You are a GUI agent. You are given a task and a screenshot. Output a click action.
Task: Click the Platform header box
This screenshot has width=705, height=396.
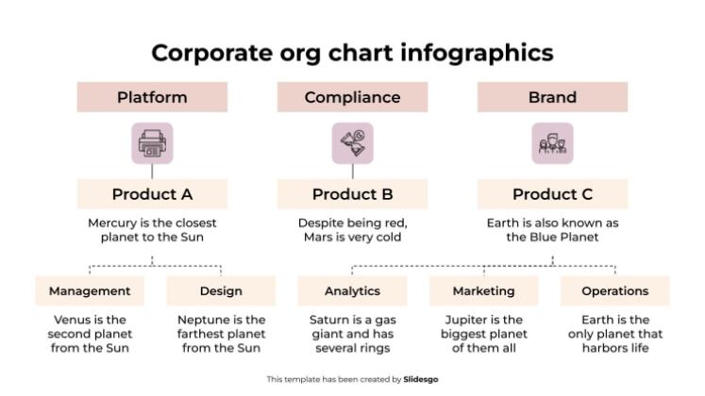pos(152,97)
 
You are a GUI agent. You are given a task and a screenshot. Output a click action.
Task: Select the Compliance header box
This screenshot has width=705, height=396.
pos(352,97)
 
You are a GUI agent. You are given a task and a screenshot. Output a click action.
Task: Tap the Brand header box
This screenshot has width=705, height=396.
pos(552,97)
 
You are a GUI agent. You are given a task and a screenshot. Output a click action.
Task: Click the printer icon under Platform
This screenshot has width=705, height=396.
pos(152,144)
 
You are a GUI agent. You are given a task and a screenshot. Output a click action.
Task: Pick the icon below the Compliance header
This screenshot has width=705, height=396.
pos(352,144)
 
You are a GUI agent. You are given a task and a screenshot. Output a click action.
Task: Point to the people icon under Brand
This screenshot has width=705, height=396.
pos(552,144)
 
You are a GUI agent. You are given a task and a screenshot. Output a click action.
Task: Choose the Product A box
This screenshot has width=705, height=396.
pos(152,194)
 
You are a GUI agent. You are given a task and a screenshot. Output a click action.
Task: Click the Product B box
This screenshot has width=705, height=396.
pos(352,194)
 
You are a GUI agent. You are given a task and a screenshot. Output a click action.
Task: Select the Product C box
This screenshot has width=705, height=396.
pos(552,194)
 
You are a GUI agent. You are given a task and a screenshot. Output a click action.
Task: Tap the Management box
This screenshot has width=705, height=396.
pos(90,290)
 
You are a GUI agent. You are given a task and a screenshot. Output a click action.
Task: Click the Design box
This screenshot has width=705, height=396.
pos(221,290)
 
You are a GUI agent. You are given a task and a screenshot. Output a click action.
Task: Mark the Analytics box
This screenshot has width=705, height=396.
pos(352,290)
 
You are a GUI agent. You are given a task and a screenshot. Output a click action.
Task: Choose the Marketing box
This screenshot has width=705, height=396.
pos(483,290)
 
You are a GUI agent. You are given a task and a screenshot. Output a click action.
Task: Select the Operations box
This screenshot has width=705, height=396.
pos(615,290)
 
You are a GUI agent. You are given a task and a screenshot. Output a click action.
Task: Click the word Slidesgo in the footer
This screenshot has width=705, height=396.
pos(421,379)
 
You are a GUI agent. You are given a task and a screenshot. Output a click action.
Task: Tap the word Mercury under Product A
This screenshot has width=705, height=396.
pos(110,223)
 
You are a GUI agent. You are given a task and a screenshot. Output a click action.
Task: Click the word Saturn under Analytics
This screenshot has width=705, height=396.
pos(329,320)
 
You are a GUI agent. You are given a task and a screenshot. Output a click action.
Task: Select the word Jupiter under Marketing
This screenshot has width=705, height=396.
pos(466,320)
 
